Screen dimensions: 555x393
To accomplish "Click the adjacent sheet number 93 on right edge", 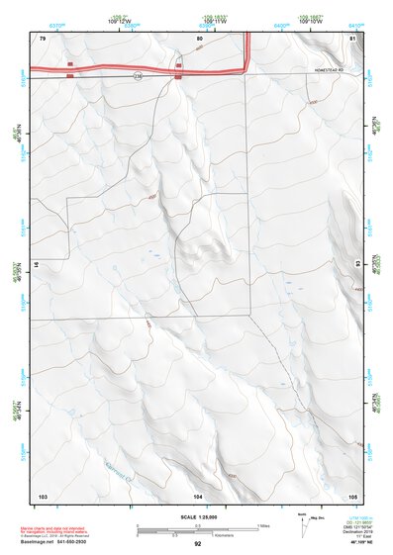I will (x=357, y=265).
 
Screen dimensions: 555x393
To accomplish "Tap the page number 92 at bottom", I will (x=197, y=544).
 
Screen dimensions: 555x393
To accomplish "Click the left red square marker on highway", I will (x=70, y=71).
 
